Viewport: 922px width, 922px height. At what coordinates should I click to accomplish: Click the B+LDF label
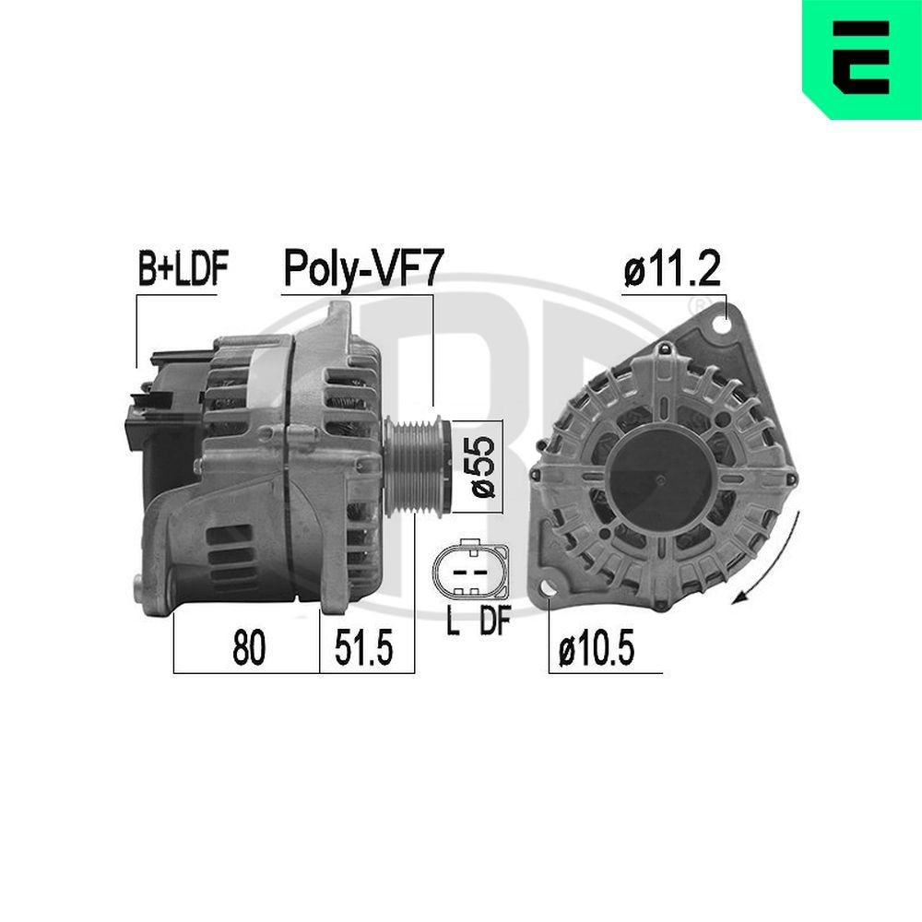click(x=182, y=269)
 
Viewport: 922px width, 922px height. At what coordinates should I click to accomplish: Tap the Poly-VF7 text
click(x=363, y=269)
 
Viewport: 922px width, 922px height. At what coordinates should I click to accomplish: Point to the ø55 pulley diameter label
click(x=485, y=466)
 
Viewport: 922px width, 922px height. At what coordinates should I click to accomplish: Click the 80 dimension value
click(x=248, y=650)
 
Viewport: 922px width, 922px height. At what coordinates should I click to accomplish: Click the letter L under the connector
click(x=452, y=623)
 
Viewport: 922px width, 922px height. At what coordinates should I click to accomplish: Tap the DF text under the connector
click(x=493, y=623)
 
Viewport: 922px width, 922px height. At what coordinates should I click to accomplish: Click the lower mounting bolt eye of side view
click(x=142, y=586)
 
